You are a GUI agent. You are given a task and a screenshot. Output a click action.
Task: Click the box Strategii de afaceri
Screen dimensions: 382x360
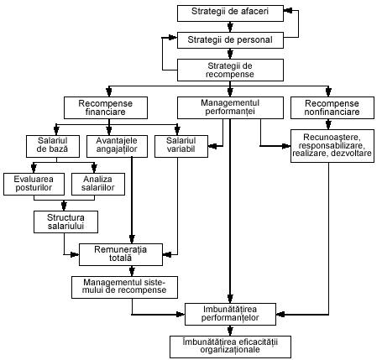point(230,13)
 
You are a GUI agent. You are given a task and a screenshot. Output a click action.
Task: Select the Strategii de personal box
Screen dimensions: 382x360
point(230,40)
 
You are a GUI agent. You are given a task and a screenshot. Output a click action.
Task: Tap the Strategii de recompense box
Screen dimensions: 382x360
point(230,70)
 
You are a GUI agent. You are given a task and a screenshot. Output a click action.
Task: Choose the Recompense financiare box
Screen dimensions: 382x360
point(106,108)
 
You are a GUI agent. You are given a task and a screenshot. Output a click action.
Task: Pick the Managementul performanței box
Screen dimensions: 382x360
point(230,107)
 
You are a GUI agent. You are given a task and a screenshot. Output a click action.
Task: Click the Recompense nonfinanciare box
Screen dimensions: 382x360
point(332,108)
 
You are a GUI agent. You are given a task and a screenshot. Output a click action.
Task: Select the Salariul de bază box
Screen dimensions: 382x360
point(53,146)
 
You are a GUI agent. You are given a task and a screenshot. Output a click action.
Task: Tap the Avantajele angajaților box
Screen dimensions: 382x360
point(117,146)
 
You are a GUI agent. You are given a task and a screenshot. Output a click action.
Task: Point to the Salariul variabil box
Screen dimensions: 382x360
point(181,146)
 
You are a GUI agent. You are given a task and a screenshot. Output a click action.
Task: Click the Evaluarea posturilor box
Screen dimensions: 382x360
point(34,185)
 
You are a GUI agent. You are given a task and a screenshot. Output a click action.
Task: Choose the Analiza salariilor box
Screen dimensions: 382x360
point(98,185)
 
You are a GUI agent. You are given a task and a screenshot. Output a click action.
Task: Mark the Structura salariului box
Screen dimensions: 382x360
point(66,222)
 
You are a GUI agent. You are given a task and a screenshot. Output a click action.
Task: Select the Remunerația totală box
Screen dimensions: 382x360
point(121,254)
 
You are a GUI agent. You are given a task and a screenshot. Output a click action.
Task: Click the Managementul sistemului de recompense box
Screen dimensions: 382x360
point(124,287)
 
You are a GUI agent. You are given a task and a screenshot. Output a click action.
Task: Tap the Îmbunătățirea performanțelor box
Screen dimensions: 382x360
point(230,314)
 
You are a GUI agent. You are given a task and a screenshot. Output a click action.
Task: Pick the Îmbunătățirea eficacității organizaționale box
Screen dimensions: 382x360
point(230,347)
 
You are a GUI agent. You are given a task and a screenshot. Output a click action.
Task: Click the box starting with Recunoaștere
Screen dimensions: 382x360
point(332,146)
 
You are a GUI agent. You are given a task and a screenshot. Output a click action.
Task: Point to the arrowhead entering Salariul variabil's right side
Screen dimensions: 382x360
point(212,146)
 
